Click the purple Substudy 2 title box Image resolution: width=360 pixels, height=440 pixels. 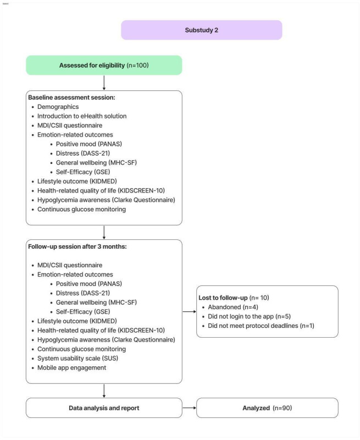(x=201, y=30)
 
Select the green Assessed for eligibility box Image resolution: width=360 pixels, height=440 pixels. (x=104, y=65)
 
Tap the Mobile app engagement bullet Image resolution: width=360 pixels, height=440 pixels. (x=72, y=368)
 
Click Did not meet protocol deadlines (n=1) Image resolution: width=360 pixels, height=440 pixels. (x=264, y=325)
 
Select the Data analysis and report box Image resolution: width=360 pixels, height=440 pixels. (x=104, y=408)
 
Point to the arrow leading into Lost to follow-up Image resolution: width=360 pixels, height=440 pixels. (x=189, y=311)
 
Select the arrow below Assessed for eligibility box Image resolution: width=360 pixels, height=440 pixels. (x=104, y=82)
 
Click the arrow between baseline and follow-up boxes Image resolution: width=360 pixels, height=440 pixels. (x=104, y=232)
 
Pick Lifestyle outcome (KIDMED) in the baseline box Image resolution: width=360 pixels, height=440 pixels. (x=76, y=181)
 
